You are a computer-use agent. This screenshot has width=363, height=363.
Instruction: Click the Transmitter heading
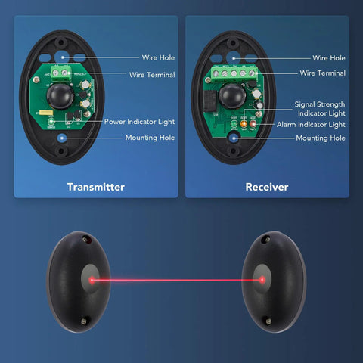tap(96, 187)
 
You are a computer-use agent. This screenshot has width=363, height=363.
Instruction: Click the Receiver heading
tap(267, 187)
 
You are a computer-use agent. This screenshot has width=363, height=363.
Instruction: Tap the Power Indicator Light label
tap(139, 122)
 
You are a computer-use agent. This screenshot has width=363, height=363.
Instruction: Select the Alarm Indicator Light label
tap(311, 125)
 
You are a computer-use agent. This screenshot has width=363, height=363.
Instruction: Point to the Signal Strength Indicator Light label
tap(320, 109)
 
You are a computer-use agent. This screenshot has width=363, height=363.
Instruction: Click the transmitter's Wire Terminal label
tap(152, 75)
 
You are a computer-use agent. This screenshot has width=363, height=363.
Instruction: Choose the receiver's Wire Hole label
tap(329, 58)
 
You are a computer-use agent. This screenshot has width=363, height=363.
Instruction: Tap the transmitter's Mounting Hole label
tap(150, 138)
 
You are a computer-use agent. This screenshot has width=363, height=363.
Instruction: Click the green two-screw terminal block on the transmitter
tap(60, 73)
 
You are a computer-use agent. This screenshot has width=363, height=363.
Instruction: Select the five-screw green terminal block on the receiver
tap(234, 73)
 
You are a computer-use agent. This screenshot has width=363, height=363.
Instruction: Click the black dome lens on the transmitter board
tap(60, 96)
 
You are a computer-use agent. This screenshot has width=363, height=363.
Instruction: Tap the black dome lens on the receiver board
tap(232, 96)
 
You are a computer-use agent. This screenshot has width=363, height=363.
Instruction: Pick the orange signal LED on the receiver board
tap(244, 124)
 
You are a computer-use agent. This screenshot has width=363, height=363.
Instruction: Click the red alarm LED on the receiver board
tap(253, 123)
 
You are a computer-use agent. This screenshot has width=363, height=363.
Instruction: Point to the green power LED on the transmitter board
tap(51, 123)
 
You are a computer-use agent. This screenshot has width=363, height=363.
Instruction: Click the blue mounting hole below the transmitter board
tap(62, 138)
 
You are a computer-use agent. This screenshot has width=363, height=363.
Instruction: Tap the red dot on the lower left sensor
tap(92, 280)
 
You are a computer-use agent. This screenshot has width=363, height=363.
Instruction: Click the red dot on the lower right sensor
tap(262, 280)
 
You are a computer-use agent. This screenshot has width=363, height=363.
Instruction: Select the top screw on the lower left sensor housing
tap(85, 238)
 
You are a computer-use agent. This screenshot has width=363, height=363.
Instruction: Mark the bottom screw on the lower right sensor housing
tap(268, 321)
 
